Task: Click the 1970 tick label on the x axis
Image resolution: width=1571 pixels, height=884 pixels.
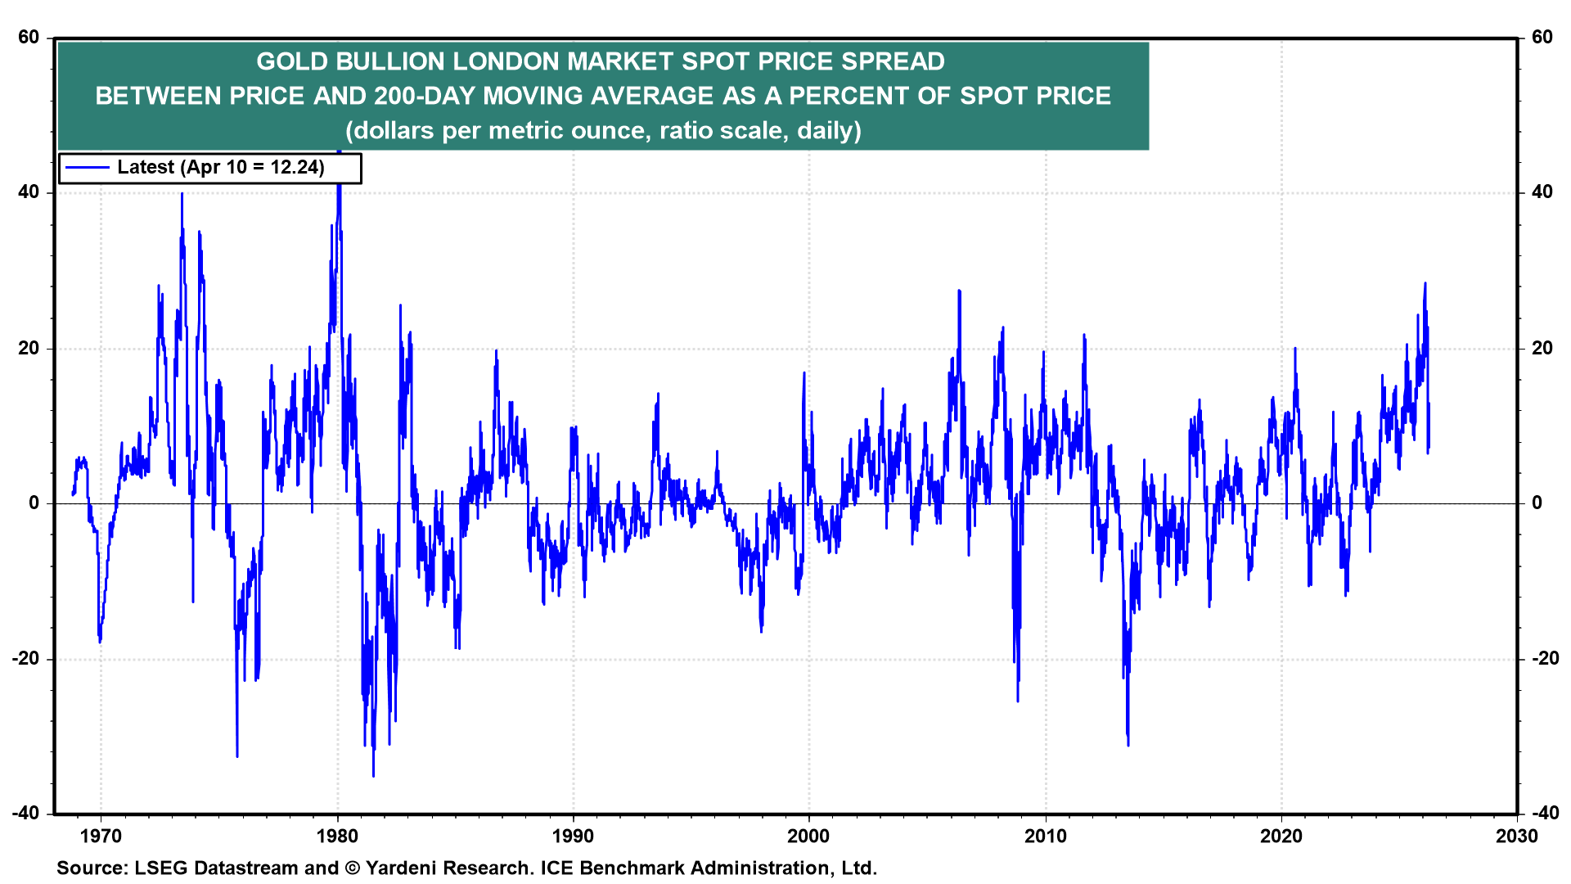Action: tap(101, 836)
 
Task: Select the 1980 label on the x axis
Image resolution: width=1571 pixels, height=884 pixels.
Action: tap(337, 836)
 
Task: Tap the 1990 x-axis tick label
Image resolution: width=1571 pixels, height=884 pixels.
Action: tap(573, 836)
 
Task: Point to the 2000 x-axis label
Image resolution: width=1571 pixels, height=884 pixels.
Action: tap(808, 836)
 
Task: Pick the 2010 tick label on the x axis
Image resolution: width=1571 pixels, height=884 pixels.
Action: tap(1045, 836)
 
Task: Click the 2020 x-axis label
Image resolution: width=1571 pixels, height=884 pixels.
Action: tap(1281, 836)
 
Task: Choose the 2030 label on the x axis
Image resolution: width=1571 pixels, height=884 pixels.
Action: tap(1516, 836)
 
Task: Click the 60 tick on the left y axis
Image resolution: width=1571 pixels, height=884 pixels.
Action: tap(29, 38)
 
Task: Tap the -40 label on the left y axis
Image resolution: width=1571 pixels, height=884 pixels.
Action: tap(25, 813)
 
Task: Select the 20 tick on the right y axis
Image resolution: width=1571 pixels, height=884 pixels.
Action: tap(1542, 349)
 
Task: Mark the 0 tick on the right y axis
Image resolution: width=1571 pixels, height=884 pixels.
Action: tap(1537, 503)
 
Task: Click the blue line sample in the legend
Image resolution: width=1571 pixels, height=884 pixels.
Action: tap(87, 168)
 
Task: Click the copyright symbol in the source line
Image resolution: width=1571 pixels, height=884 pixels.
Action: tap(353, 868)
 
